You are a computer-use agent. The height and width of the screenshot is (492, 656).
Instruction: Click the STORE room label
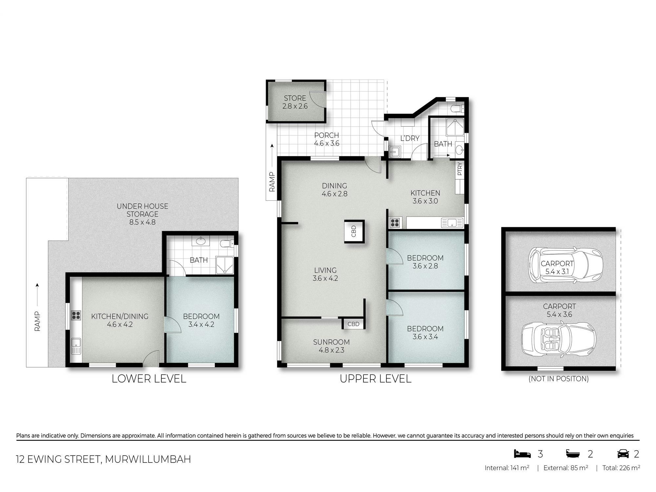click(295, 98)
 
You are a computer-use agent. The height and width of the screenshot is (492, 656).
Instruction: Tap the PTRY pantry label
click(460, 169)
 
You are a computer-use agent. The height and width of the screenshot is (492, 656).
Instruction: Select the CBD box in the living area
click(354, 231)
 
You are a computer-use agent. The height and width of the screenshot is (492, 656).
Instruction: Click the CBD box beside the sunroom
click(353, 324)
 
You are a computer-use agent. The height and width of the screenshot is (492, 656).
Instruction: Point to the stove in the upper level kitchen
click(395, 223)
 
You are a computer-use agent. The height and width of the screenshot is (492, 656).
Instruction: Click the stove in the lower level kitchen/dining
click(76, 315)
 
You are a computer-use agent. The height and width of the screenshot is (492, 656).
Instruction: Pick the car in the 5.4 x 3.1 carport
click(565, 265)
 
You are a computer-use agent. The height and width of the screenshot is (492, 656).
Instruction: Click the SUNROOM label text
click(331, 342)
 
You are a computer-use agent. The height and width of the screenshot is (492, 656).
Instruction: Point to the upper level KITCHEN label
click(425, 193)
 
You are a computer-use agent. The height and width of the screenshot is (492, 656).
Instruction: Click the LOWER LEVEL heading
click(149, 379)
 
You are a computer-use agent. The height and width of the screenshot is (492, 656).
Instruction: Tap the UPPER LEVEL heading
click(376, 379)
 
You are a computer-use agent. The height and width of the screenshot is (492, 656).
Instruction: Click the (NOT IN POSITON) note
click(559, 379)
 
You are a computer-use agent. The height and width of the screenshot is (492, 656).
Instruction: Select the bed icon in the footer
click(522, 454)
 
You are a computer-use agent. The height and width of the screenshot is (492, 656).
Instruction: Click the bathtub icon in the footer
click(573, 454)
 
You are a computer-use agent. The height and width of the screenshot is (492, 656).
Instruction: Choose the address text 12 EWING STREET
click(58, 459)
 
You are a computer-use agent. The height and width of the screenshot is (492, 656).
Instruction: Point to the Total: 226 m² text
click(621, 468)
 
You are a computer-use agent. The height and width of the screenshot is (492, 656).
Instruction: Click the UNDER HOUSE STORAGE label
click(142, 210)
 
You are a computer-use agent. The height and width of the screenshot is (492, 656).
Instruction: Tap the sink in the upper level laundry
click(394, 152)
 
